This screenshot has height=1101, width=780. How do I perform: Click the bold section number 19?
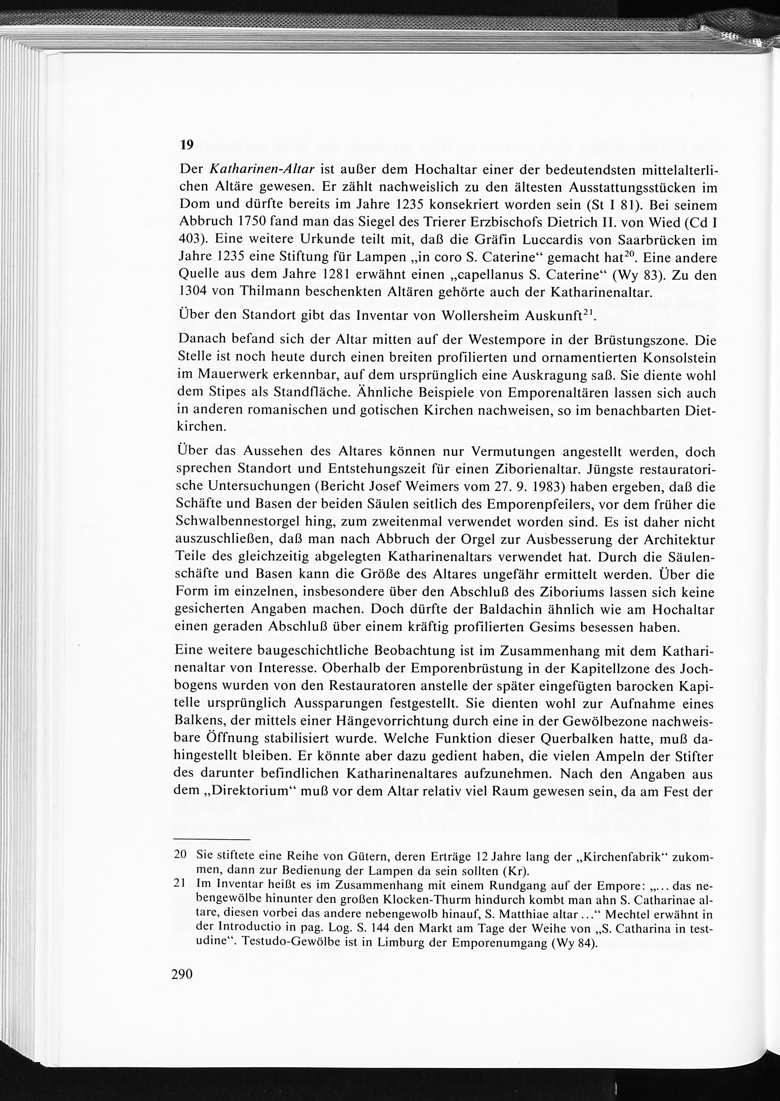[x=186, y=145]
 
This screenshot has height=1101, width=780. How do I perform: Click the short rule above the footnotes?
[x=212, y=840]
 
